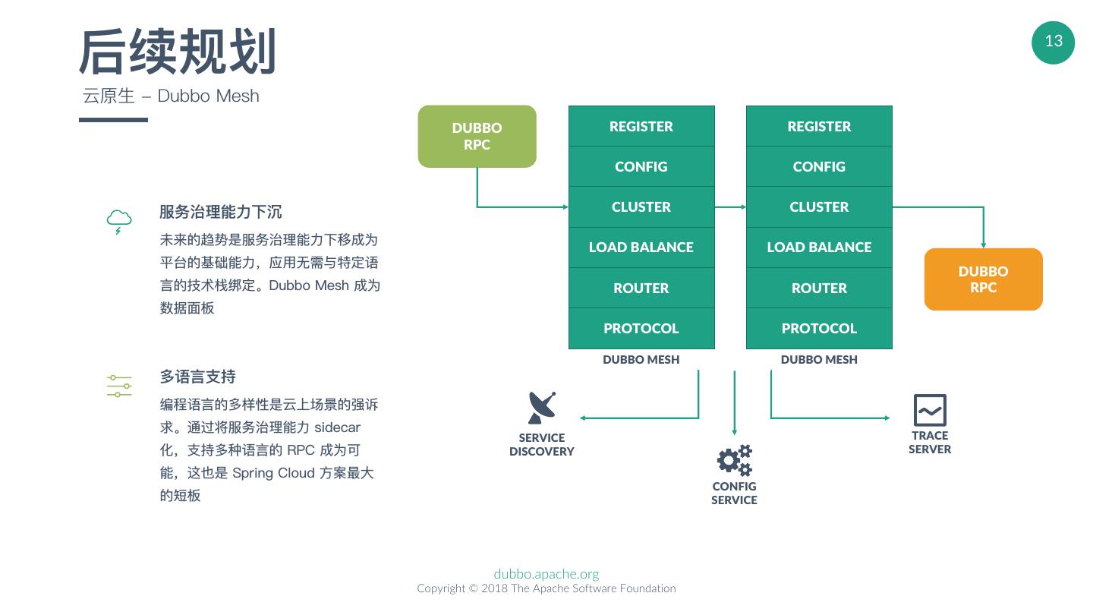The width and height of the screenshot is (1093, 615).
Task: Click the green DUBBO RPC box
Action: tap(477, 137)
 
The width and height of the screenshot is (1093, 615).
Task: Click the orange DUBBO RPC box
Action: tap(983, 279)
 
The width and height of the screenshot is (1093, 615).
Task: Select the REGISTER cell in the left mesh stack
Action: tap(641, 127)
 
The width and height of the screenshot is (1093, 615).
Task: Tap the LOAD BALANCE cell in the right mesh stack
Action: tap(819, 248)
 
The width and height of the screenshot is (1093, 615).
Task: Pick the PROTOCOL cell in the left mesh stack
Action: tap(641, 328)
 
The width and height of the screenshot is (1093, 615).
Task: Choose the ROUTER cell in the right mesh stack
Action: tap(819, 288)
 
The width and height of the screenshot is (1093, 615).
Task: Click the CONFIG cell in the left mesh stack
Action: tap(641, 167)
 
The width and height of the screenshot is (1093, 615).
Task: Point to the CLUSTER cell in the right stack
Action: tap(819, 207)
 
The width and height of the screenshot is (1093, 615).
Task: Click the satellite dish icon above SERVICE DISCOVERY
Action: tap(542, 408)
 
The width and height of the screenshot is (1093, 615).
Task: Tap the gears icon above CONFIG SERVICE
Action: tap(734, 460)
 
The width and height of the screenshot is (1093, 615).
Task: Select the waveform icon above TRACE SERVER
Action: tap(930, 410)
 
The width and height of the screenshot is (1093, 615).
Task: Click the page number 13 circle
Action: tap(1053, 42)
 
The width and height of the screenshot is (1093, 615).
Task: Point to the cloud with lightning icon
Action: tap(119, 221)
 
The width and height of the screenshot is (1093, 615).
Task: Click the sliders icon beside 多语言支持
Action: tap(119, 386)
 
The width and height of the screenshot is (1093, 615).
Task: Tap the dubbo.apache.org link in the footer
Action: tap(546, 574)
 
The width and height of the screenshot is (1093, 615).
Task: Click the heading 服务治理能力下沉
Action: tap(221, 212)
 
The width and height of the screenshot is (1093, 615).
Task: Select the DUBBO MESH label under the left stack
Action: tap(641, 360)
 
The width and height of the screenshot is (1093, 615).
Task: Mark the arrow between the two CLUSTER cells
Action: tap(730, 207)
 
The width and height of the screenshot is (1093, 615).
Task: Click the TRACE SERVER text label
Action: tap(930, 442)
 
